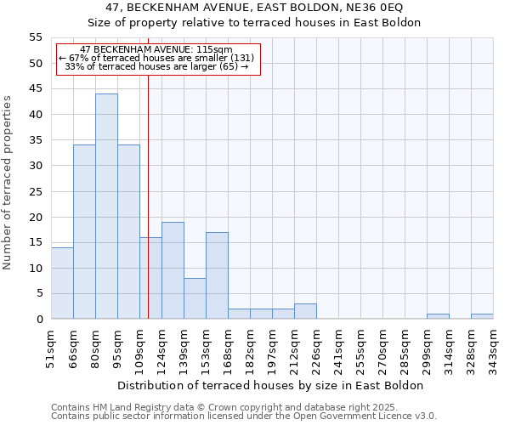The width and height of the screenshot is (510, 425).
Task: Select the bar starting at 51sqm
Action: point(62,283)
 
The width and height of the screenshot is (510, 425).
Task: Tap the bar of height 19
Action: point(173,270)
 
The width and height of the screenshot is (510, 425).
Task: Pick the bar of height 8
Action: point(195,298)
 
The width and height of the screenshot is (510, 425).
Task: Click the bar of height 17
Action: point(217,275)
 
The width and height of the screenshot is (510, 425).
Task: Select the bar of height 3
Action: point(305,311)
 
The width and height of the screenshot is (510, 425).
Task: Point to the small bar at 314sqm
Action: point(438,316)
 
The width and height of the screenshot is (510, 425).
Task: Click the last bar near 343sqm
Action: point(482,316)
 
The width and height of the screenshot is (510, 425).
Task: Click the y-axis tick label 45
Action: point(35,89)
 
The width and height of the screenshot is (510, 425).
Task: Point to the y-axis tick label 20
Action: point(35,217)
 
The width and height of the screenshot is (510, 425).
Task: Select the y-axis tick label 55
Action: point(35,37)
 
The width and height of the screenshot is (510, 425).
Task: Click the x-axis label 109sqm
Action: point(139,347)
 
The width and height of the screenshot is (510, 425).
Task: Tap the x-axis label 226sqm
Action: point(316,347)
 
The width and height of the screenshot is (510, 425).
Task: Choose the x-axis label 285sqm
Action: point(405,347)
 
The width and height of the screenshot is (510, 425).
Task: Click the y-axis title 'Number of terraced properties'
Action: point(8,182)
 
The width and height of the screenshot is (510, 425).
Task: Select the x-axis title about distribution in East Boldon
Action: point(270,385)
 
